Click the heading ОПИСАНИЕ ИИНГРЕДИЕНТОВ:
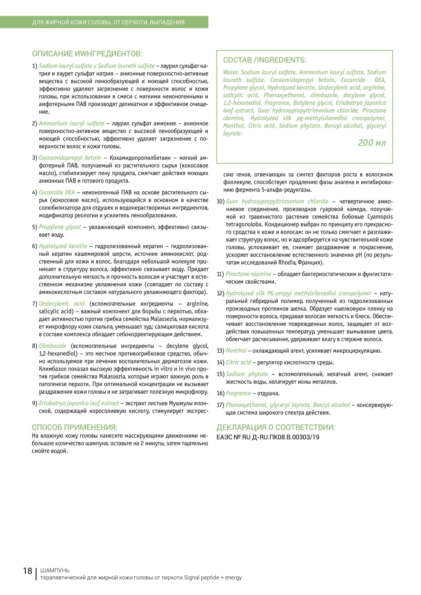coord(87,54)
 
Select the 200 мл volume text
coord(372,143)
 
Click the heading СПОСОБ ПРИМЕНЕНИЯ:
coord(74,427)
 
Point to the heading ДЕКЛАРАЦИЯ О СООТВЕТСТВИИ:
coord(276,427)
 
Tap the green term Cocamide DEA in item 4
coord(57,192)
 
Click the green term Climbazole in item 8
coord(53,346)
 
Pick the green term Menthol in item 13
coord(236,351)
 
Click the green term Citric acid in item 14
coord(239,362)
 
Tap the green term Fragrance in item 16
coord(238,393)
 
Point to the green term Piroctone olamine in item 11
coord(248,274)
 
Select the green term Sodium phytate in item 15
coord(247,374)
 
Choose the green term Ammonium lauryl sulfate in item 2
coord(72,123)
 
